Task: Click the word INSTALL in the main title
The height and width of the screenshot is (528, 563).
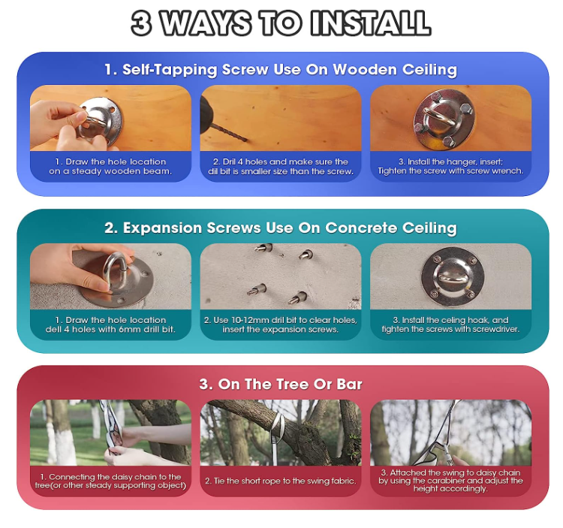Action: click(371, 23)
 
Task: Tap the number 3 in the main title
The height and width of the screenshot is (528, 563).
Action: click(141, 23)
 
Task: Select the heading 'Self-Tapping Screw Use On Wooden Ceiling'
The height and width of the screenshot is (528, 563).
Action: click(281, 69)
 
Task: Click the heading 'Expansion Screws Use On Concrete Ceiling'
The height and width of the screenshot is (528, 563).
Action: click(281, 228)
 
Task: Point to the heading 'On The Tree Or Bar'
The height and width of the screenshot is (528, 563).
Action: click(281, 385)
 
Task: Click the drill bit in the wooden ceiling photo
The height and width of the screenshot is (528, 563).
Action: click(229, 132)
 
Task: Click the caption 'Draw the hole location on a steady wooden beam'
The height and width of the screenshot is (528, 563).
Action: click(110, 166)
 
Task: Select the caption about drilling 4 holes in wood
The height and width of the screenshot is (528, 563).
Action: click(281, 166)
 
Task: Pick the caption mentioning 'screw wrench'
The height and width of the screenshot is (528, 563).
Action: click(450, 166)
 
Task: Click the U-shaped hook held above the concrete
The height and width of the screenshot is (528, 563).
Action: click(115, 270)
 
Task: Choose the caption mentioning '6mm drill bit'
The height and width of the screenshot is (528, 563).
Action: click(110, 324)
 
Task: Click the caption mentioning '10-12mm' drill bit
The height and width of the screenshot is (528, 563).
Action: click(281, 324)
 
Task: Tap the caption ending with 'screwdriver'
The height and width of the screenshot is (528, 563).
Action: click(450, 324)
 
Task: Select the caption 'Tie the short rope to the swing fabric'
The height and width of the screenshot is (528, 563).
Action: click(281, 481)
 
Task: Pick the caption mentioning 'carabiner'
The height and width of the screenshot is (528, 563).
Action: click(450, 481)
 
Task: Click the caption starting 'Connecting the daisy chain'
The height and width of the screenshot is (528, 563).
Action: click(110, 481)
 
